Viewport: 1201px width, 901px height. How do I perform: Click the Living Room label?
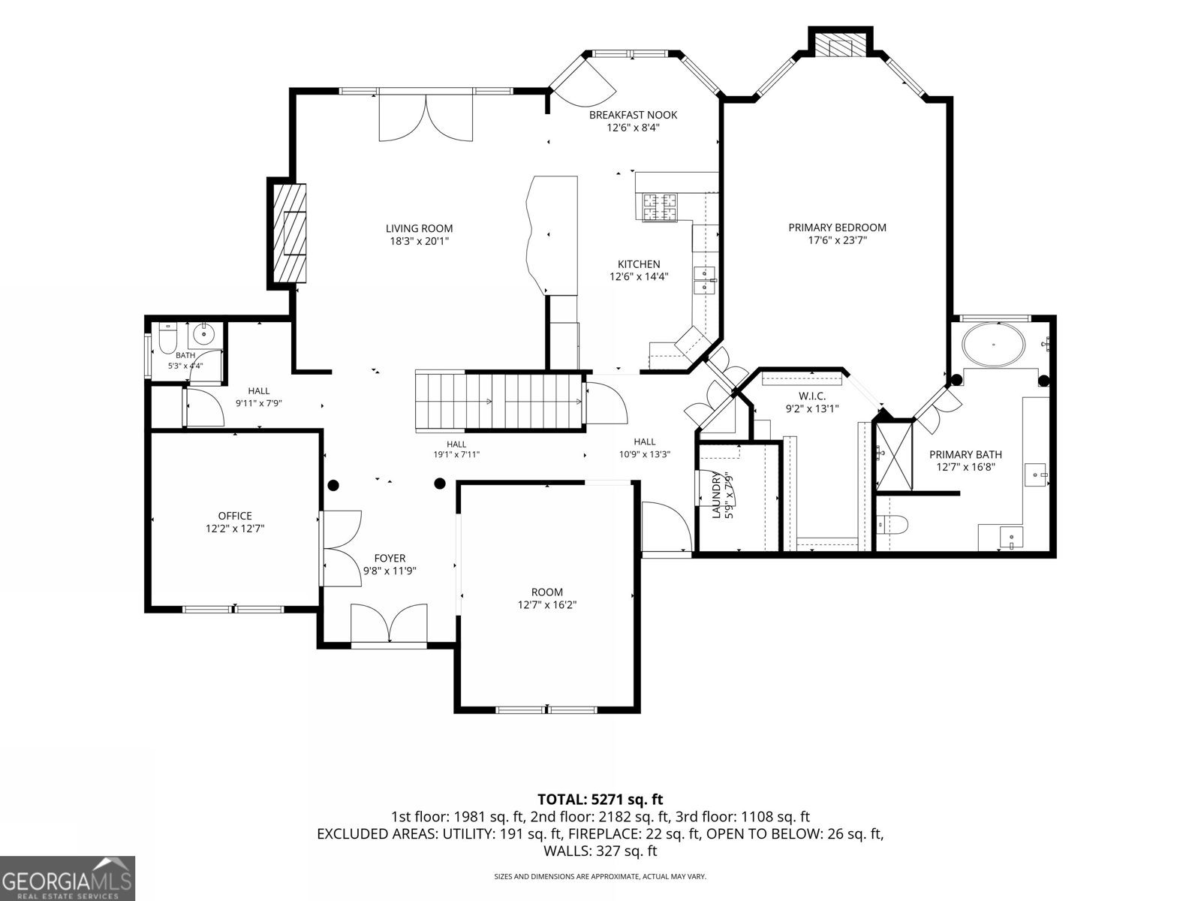click(419, 229)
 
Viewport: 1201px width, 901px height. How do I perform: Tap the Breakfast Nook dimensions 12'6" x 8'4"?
click(633, 128)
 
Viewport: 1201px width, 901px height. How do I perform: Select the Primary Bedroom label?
click(837, 228)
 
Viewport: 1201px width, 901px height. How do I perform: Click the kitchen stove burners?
click(659, 207)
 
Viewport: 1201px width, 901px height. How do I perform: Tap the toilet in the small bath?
click(167, 339)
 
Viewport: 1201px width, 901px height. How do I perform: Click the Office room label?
click(235, 516)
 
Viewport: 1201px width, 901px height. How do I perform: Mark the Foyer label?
click(390, 559)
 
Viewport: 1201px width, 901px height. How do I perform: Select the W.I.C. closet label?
click(812, 396)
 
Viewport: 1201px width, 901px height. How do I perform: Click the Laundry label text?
click(715, 495)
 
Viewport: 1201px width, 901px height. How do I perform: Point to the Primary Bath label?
click(966, 454)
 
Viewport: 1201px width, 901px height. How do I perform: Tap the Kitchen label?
click(639, 264)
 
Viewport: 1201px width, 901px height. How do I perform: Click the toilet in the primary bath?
click(891, 525)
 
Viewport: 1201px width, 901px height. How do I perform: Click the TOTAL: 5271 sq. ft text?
click(600, 800)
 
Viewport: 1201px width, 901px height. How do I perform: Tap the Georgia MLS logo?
click(68, 878)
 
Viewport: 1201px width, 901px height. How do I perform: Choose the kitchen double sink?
click(705, 280)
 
